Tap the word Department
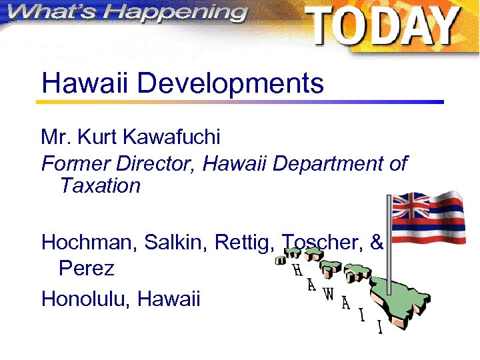(324, 163)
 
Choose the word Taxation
(100, 185)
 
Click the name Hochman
(85, 243)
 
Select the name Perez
(86, 269)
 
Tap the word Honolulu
(86, 299)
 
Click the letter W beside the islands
(329, 294)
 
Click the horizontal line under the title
(240, 102)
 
